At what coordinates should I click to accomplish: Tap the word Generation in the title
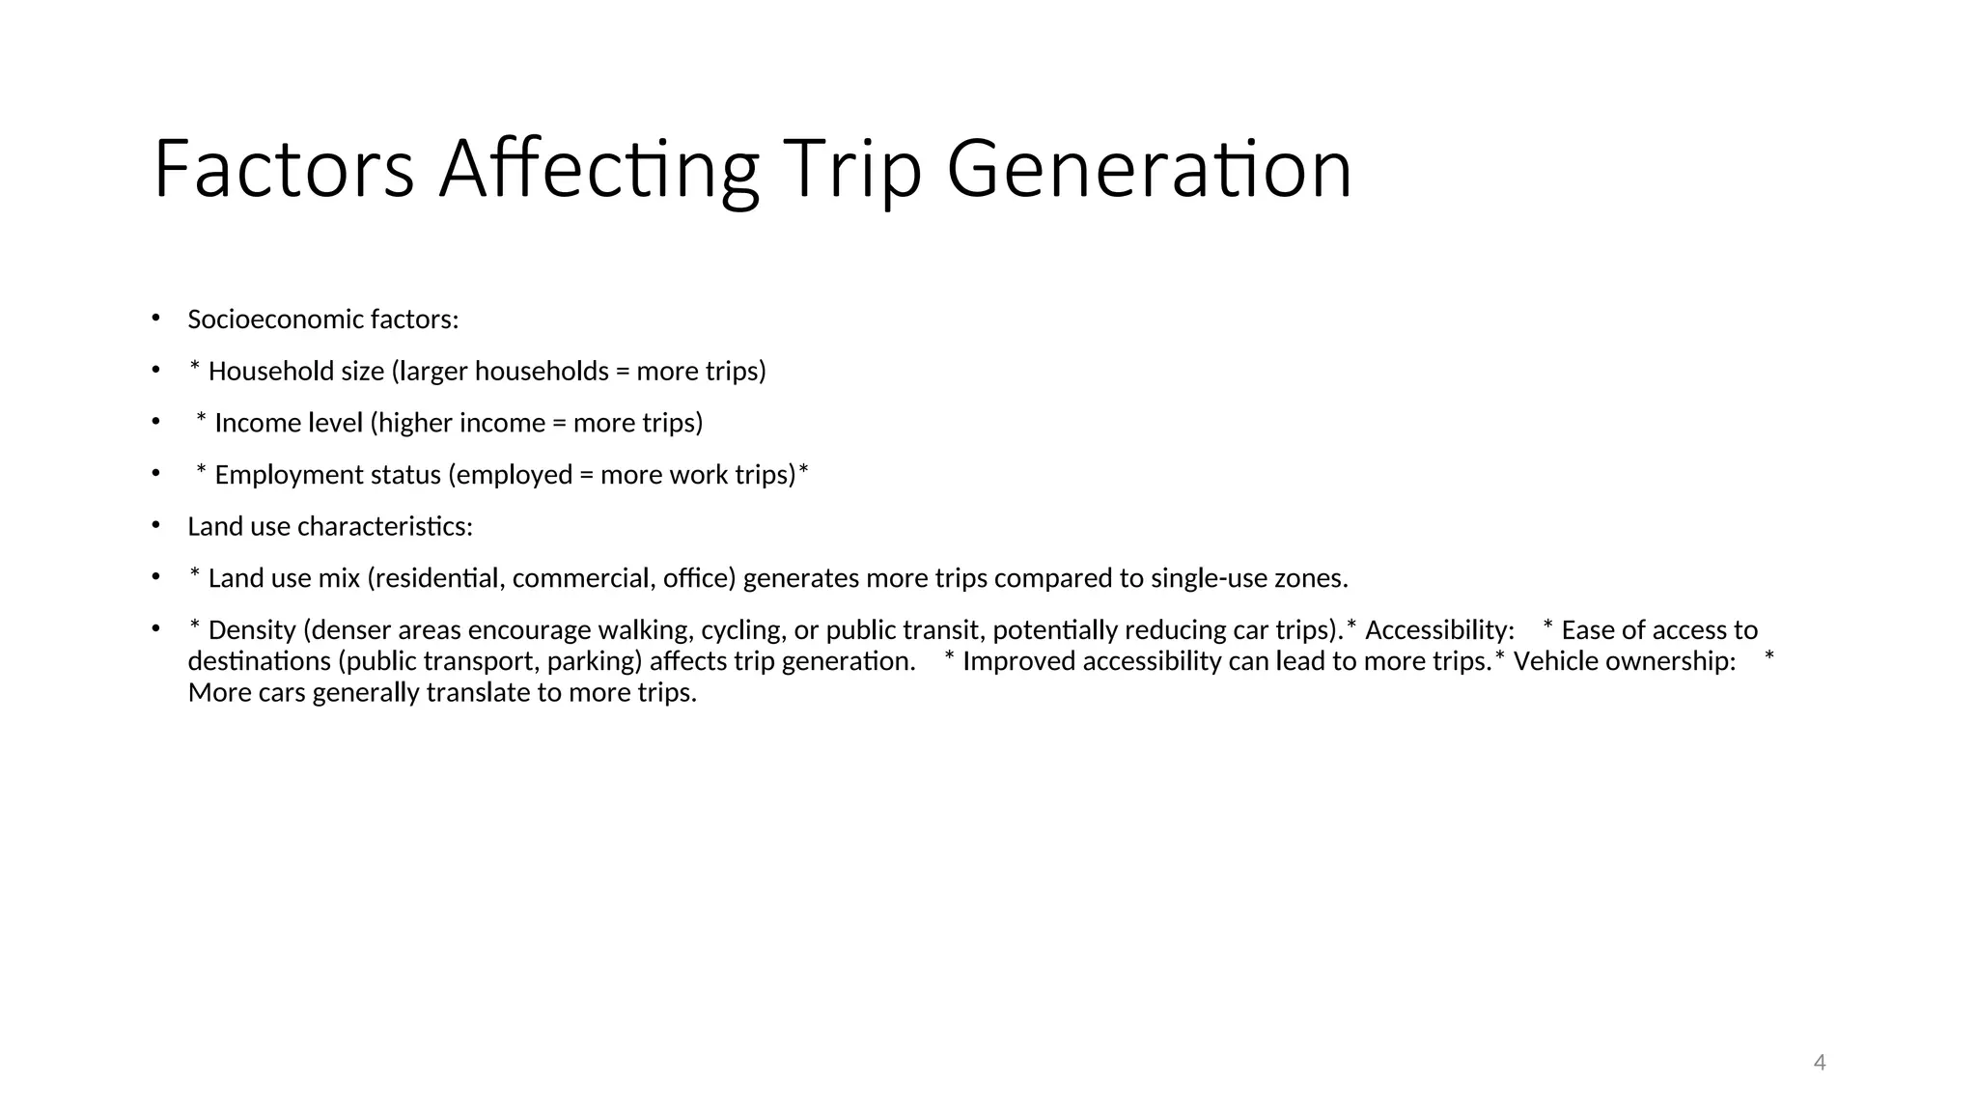tap(1149, 169)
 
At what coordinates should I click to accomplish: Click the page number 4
tap(1820, 1063)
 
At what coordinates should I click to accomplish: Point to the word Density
tap(251, 630)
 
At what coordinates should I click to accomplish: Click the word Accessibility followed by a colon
tap(1439, 630)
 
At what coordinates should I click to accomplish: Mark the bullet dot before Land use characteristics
tap(155, 525)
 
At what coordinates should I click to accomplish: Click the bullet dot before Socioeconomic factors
tap(155, 318)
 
